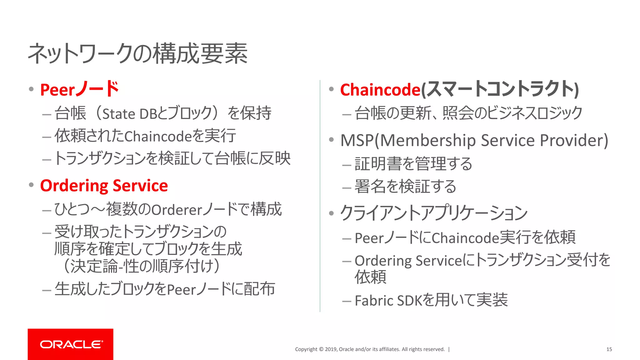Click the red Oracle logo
tap(71, 344)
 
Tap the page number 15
tap(609, 349)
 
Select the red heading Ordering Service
tap(104, 186)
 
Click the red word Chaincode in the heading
tap(380, 90)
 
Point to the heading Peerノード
tap(80, 90)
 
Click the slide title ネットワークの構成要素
tap(138, 54)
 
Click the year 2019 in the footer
tap(330, 349)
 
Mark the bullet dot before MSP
tap(332, 140)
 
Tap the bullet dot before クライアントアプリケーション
tap(332, 213)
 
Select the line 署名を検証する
tap(405, 187)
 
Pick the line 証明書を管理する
tap(413, 164)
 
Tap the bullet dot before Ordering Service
tap(31, 185)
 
